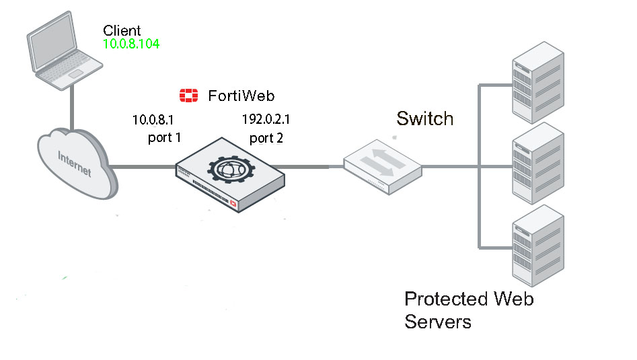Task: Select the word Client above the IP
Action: click(122, 30)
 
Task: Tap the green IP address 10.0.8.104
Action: click(131, 44)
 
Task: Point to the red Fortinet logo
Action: click(189, 96)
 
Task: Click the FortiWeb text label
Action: click(241, 96)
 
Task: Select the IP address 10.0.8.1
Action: click(153, 120)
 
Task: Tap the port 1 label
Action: click(165, 138)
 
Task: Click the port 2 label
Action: click(266, 139)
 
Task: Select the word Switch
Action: click(424, 119)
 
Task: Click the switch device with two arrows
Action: click(381, 164)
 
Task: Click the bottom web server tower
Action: click(537, 246)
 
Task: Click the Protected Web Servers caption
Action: click(468, 310)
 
